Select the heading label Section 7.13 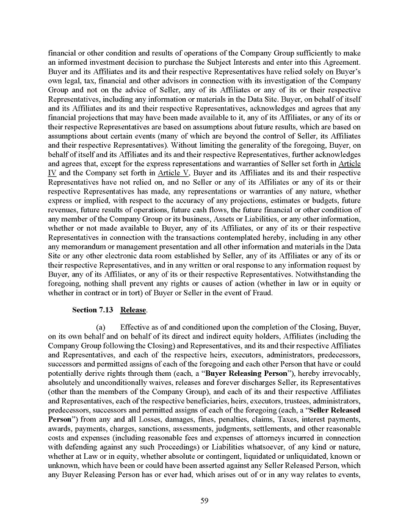pyautogui.click(x=93, y=310)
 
